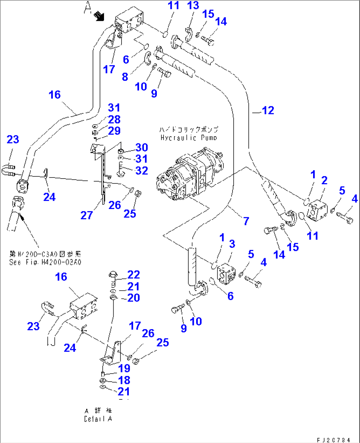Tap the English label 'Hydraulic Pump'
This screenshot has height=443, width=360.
(x=189, y=138)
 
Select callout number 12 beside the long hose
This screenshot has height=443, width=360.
(x=268, y=111)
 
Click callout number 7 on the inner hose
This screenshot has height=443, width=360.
(x=246, y=221)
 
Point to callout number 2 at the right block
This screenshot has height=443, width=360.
(x=324, y=180)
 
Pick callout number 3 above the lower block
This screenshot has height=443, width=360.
(x=232, y=244)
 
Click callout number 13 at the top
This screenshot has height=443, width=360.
(x=193, y=6)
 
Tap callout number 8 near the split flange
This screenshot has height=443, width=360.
(x=125, y=77)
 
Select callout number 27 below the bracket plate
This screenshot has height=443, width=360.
(x=87, y=215)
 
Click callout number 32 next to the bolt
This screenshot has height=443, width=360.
(x=142, y=171)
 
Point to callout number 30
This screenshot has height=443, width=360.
(x=142, y=147)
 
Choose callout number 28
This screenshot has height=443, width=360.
(x=114, y=119)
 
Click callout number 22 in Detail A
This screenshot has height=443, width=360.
(x=133, y=275)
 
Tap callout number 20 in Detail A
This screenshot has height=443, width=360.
(x=133, y=298)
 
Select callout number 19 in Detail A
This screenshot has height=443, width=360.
(x=124, y=368)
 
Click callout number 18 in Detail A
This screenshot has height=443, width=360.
(x=124, y=380)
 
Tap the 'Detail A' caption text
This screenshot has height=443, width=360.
(x=98, y=419)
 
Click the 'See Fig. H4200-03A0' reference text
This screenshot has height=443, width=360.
(x=45, y=262)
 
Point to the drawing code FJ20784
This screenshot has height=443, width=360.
(x=333, y=440)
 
